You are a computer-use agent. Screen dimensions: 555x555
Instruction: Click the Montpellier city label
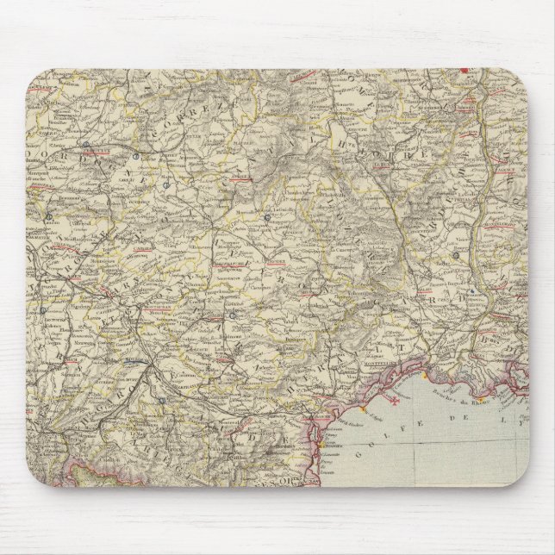(x=377, y=363)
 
